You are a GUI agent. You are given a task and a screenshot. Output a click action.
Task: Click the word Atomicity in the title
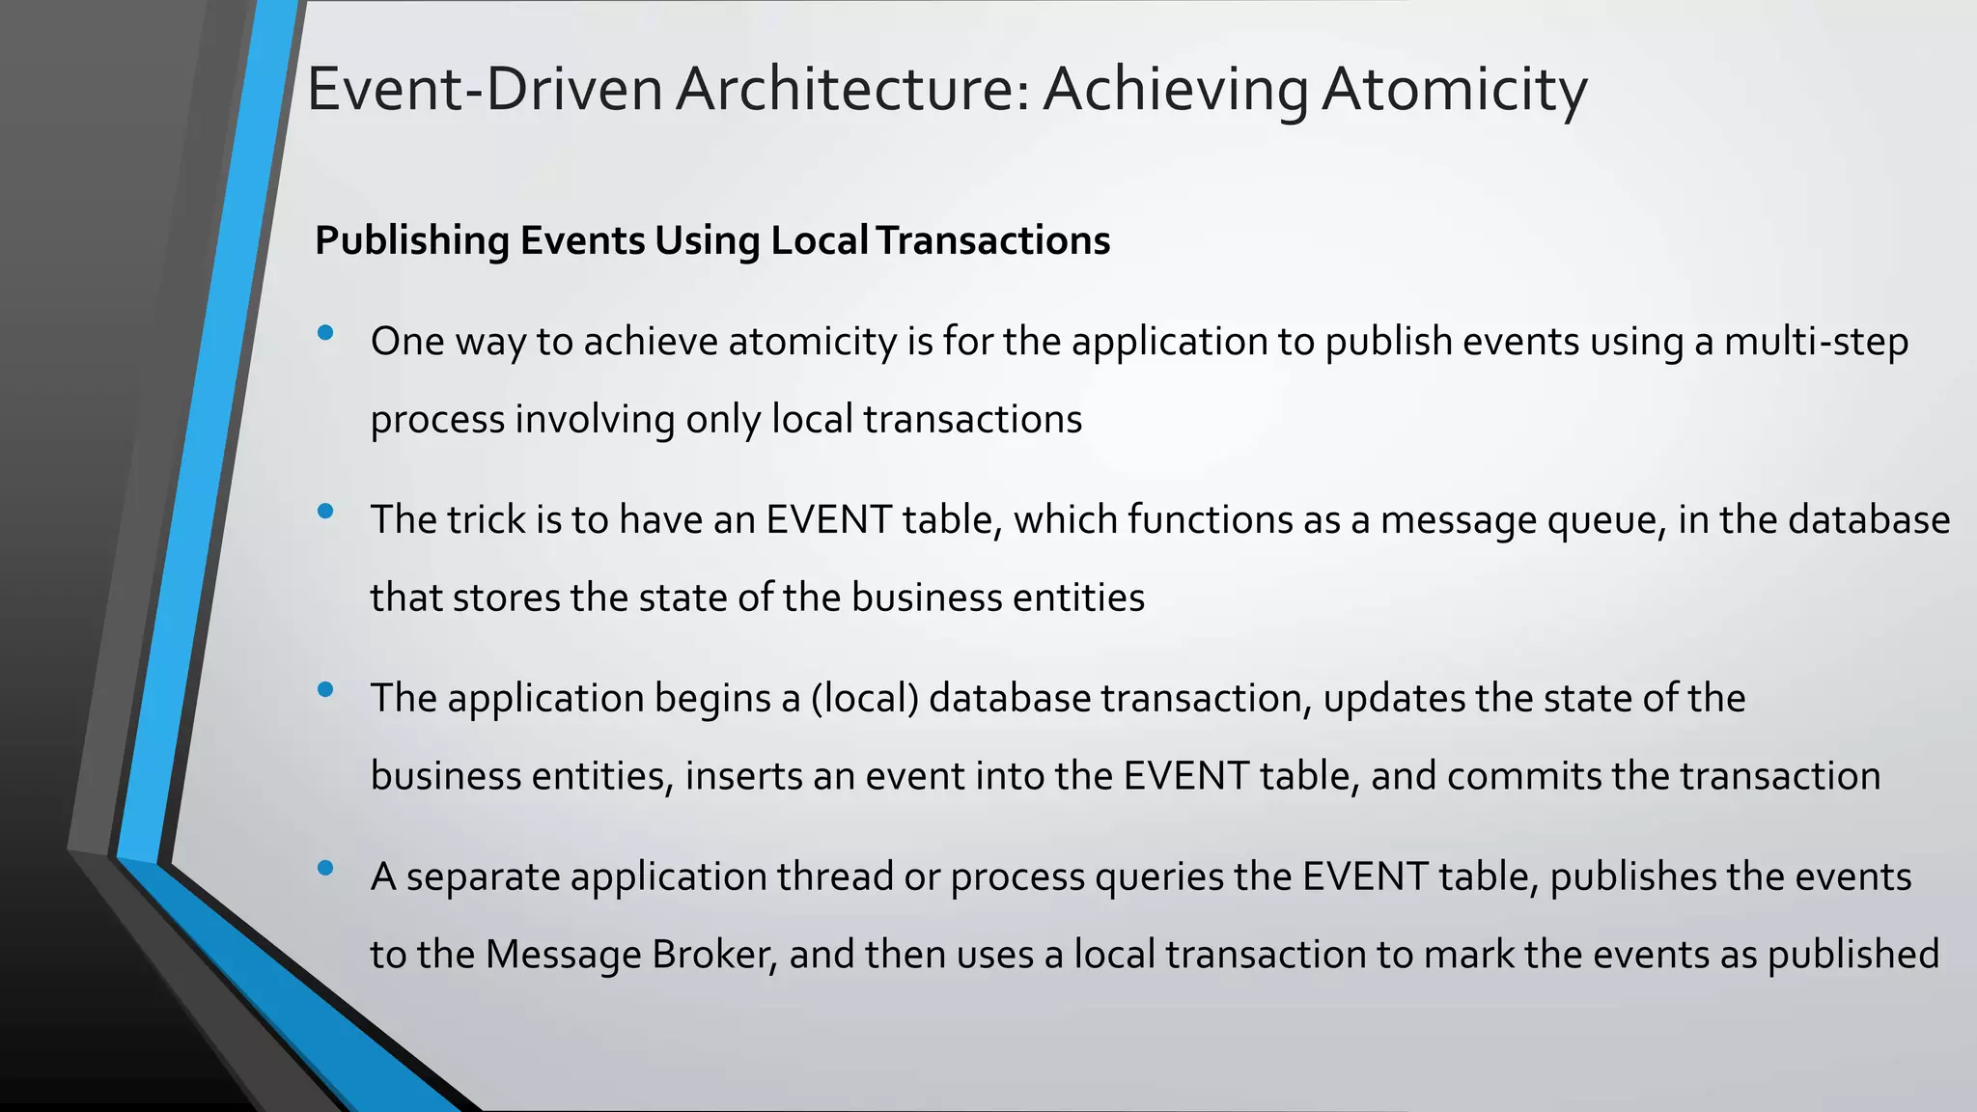tap(1454, 89)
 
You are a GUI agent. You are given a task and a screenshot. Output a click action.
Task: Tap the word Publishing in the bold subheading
tap(412, 240)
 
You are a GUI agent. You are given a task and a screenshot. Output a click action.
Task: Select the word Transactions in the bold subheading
tap(993, 240)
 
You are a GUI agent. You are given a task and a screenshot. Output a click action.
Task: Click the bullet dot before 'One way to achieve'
tap(325, 333)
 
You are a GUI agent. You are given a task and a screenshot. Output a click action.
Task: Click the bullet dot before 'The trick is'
tap(325, 512)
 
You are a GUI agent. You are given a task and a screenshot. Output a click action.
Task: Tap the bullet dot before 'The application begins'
tap(325, 690)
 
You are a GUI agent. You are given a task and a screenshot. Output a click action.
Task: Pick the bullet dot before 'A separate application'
tap(325, 869)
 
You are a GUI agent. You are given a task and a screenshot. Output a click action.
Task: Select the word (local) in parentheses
tap(865, 699)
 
